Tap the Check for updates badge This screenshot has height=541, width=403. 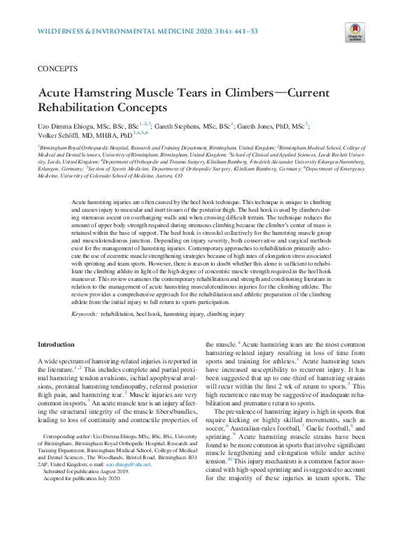(354, 31)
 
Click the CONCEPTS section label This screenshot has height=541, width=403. (57, 71)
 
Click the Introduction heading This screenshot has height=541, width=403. (55, 345)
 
